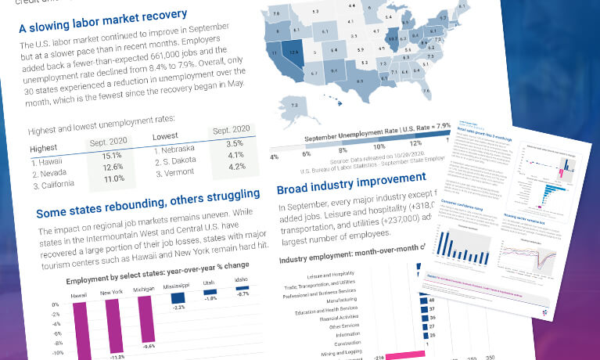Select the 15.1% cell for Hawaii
coord(111,154)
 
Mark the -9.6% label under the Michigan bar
coord(148,346)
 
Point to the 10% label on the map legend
coord(379,146)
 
